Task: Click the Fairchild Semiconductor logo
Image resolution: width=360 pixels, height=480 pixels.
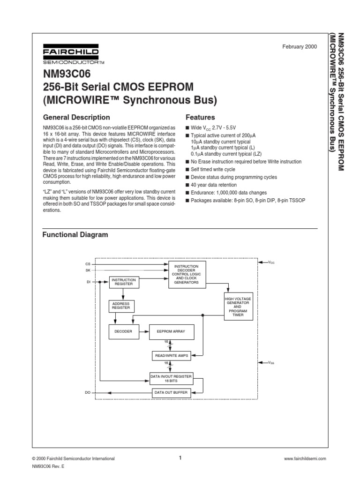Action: pos(70,55)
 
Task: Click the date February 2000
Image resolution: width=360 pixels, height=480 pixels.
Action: pos(300,47)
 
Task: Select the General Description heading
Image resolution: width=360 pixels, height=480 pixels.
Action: pos(76,117)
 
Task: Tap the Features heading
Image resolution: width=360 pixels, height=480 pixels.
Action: pos(200,117)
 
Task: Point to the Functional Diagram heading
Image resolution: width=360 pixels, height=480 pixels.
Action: pos(75,234)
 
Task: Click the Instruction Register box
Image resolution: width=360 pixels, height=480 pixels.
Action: pos(123,282)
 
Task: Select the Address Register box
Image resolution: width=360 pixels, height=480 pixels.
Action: pos(120,307)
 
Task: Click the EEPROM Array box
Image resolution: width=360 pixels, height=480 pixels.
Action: pos(171,331)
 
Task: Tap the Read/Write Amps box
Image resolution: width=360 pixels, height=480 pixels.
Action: pos(171,356)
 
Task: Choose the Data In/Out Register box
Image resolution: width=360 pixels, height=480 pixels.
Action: pos(171,378)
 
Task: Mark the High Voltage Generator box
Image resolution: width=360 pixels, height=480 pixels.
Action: pos(238,307)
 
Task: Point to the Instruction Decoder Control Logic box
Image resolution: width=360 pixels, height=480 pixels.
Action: pos(186,275)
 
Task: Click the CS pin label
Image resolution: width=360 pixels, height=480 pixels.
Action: pos(88,264)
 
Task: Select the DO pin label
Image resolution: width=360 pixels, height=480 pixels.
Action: pos(88,392)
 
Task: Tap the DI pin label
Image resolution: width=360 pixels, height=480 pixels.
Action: pos(88,282)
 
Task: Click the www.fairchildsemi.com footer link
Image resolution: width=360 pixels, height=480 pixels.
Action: pos(304,459)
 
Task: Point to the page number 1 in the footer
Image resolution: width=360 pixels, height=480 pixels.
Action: pos(180,458)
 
